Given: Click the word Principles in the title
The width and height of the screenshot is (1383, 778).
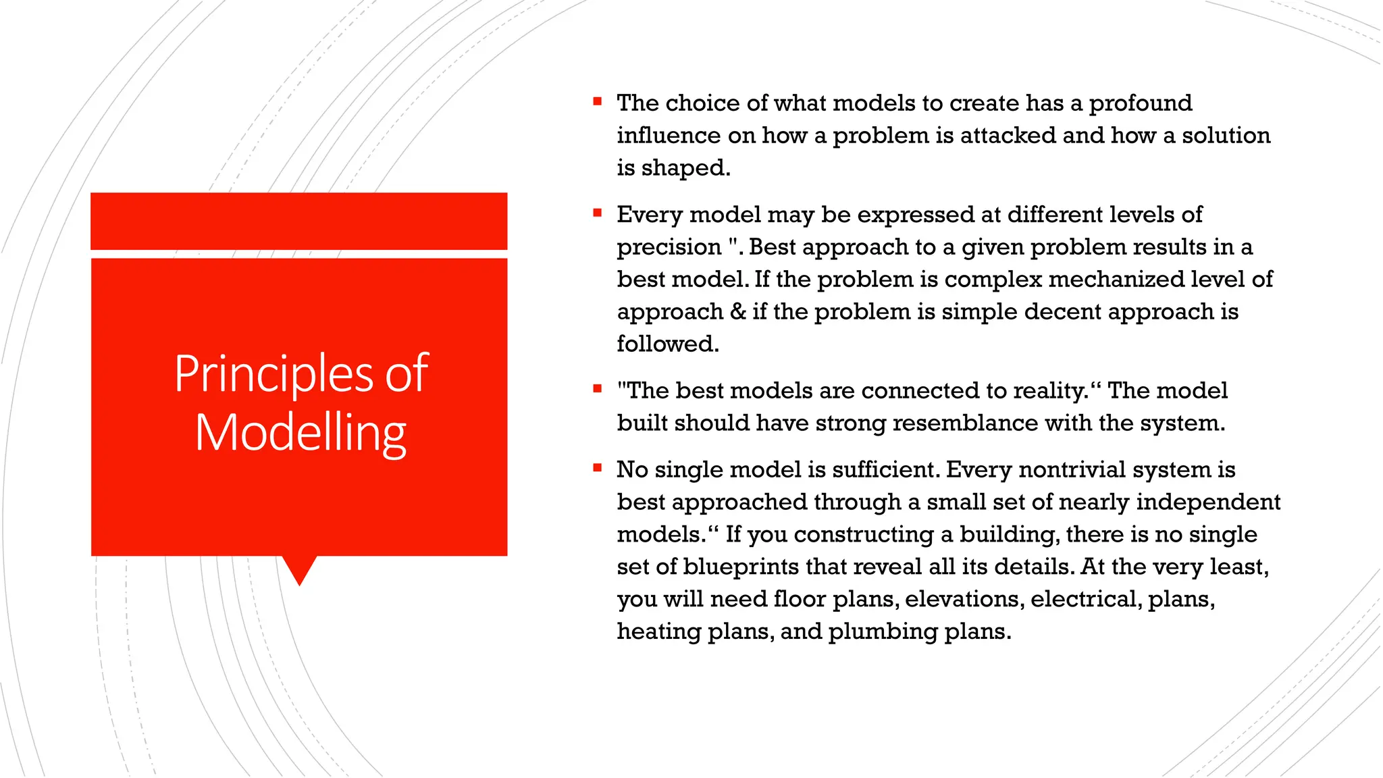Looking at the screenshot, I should (273, 374).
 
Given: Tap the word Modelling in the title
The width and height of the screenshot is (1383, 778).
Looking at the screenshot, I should (300, 434).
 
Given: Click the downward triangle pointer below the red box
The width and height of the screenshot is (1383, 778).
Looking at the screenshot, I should (299, 569).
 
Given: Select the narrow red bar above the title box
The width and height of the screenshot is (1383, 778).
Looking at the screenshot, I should (298, 221).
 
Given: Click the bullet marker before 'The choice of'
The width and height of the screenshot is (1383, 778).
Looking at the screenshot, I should (597, 102).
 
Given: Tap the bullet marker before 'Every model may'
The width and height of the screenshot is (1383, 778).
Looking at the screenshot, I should (597, 213).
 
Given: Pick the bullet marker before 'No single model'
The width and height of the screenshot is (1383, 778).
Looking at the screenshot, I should (597, 467).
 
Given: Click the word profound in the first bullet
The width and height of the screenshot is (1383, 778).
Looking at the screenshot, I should (1141, 103).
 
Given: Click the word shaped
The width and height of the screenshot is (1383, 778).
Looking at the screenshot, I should (685, 168).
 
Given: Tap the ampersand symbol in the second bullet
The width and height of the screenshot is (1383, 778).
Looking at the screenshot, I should (737, 312).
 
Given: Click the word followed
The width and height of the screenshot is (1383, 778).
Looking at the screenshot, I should (667, 344).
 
